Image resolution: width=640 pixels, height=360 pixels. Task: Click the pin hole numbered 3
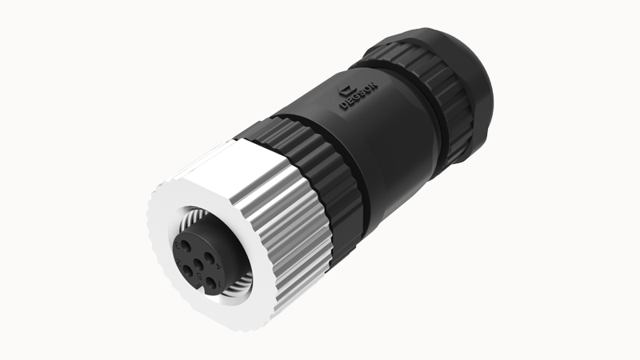(x=186, y=246)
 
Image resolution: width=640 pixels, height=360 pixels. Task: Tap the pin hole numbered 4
(x=210, y=258)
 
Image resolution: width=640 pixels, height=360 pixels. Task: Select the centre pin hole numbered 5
(x=198, y=264)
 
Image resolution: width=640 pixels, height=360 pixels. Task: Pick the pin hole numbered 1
(x=211, y=282)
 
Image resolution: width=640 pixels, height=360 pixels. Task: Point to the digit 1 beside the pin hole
(x=220, y=283)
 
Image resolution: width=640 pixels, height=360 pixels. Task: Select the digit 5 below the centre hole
(x=200, y=276)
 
